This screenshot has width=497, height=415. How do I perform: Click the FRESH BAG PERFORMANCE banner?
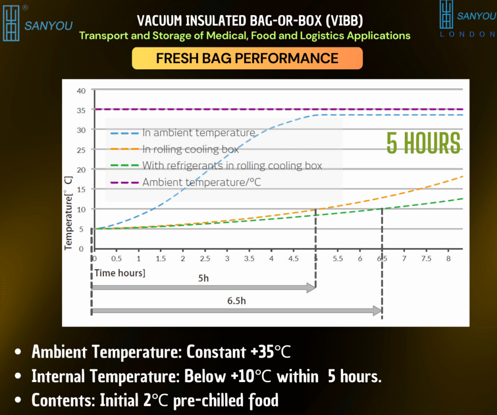click(x=247, y=58)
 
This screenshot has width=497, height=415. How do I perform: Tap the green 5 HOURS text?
click(x=423, y=143)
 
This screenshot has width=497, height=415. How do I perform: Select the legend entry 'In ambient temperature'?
click(x=183, y=133)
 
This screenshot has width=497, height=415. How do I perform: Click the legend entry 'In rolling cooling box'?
click(x=175, y=149)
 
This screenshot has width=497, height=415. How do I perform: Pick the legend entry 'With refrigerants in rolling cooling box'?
click(x=216, y=166)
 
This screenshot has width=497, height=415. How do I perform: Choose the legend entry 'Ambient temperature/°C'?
click(x=186, y=183)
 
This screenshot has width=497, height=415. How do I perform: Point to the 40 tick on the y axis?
click(x=81, y=91)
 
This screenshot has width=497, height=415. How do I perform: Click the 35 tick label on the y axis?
click(x=81, y=110)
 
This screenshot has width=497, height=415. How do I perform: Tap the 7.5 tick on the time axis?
click(x=426, y=259)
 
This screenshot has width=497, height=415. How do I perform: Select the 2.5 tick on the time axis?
click(x=205, y=259)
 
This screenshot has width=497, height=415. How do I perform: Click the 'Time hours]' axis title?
click(x=120, y=273)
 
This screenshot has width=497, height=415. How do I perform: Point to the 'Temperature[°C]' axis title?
click(x=68, y=213)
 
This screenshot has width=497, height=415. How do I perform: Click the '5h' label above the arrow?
click(x=203, y=278)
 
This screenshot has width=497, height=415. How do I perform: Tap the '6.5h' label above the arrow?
click(x=236, y=301)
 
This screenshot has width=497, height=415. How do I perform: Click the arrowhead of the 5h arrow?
click(x=311, y=288)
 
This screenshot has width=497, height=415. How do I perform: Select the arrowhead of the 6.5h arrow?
click(x=378, y=311)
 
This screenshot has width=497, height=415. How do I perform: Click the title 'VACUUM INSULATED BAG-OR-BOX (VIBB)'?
click(x=250, y=21)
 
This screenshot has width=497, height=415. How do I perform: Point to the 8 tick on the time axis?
click(x=448, y=259)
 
